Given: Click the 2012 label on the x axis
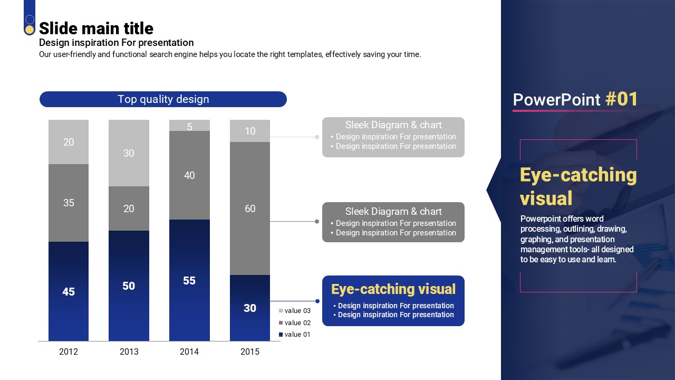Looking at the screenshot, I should point(69,352).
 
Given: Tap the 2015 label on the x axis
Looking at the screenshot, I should point(250,352).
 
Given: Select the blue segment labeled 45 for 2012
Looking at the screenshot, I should point(69,291).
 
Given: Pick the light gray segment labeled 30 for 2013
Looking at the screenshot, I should point(129,153).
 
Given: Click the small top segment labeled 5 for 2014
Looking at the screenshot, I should point(189,126).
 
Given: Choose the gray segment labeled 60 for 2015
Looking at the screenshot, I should point(250,208).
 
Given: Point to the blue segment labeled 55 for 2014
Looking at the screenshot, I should point(189,280).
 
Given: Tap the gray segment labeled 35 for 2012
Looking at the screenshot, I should point(69,203).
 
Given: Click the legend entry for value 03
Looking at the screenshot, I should point(295,311).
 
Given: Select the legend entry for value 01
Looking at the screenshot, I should point(295,335).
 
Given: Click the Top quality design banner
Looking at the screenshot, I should point(163,99).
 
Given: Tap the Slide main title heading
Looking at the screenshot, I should point(96,28).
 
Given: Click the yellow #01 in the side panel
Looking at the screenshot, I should point(622,99).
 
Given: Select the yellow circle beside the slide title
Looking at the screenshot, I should point(30,30).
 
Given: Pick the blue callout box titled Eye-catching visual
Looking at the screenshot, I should point(393,301).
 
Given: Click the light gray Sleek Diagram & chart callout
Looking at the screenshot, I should point(393,137).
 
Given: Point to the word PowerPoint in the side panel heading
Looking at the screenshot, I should point(556,100).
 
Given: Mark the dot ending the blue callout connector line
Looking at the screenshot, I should point(317,301).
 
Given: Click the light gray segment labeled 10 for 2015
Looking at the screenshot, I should point(250,131).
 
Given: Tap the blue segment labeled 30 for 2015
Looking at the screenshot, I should point(250,308).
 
